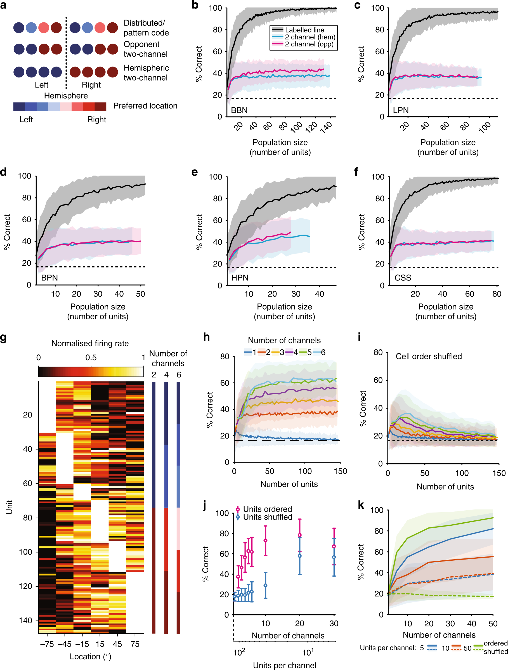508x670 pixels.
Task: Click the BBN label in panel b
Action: [x=239, y=110]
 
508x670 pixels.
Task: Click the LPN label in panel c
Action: [x=400, y=110]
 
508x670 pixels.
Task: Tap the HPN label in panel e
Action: [x=240, y=278]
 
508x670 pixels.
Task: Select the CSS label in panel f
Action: [x=403, y=278]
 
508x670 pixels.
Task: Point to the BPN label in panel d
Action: [x=49, y=278]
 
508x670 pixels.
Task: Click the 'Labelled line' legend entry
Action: [x=304, y=30]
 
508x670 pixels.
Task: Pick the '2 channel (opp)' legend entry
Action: [x=309, y=44]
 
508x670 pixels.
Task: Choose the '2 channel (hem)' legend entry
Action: [x=309, y=37]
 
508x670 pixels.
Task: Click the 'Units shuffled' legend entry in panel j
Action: [x=268, y=517]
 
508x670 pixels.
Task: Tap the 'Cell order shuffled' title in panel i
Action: [x=428, y=356]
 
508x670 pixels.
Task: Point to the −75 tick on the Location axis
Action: [x=47, y=644]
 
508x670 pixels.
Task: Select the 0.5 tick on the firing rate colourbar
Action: [x=91, y=357]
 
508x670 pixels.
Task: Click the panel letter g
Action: [x=3, y=337]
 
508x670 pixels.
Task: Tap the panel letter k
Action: [x=361, y=505]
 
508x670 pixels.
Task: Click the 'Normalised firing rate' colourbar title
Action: [x=90, y=343]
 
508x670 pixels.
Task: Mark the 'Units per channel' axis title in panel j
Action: [x=284, y=665]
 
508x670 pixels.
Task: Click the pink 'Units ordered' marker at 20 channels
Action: [x=300, y=535]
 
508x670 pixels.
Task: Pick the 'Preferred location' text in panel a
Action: [x=145, y=106]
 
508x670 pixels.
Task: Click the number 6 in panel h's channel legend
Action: [x=323, y=352]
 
